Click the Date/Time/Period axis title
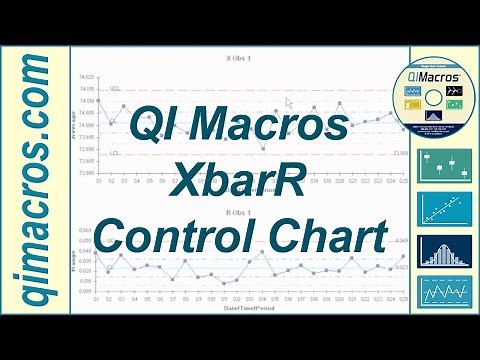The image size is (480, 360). coord(240,310)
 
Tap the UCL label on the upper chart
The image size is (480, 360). coord(115,89)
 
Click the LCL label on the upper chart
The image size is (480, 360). coord(115,153)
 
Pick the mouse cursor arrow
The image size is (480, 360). coord(289,102)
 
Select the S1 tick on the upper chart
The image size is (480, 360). coord(98,180)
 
